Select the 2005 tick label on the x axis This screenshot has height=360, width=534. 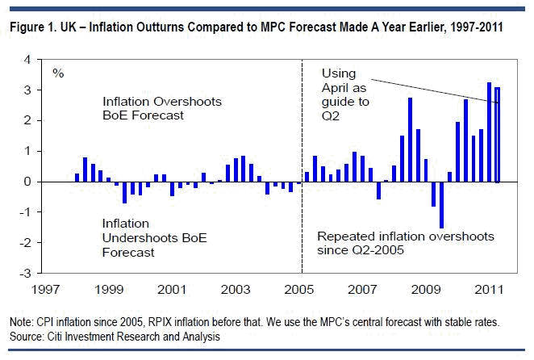tap(301, 288)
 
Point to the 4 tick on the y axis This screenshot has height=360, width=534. tap(27, 60)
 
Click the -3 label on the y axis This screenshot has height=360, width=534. tap(26, 274)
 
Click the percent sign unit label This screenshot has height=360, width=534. tap(58, 73)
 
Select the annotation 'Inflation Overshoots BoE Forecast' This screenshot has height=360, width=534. tap(161, 108)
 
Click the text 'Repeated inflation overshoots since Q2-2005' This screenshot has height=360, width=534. tap(405, 244)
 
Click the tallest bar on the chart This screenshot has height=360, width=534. tap(489, 132)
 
